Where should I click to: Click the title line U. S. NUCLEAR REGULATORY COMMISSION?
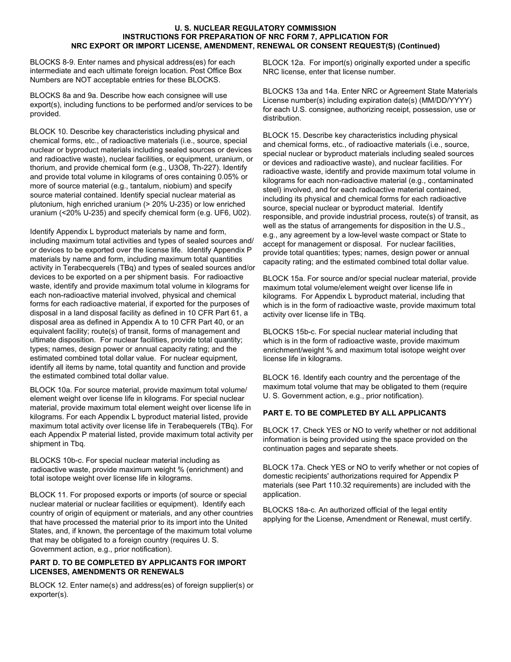256,28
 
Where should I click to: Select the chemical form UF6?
218,213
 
